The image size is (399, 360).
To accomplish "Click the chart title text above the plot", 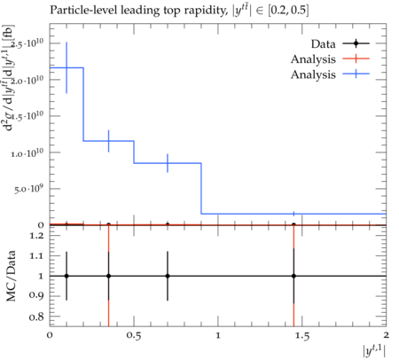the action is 179,11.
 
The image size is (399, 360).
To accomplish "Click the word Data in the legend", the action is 323,44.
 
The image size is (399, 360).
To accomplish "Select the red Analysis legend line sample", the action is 356,59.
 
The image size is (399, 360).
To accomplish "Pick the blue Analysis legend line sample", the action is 356,74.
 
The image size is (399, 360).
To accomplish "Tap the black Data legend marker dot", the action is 356,43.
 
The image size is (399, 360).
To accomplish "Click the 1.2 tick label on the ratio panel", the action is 36,236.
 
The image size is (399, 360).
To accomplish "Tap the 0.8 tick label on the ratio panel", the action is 36,317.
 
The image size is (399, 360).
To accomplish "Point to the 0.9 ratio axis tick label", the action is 36,295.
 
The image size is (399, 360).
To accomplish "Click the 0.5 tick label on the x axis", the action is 134,336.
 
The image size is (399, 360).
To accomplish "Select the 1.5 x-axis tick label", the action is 302,336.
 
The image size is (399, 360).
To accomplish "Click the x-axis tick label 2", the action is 386,335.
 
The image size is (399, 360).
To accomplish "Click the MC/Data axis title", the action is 12,276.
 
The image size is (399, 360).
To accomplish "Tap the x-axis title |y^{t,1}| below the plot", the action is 374,351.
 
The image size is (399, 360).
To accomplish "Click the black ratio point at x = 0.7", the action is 168,276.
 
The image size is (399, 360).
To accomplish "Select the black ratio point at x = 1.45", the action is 293,276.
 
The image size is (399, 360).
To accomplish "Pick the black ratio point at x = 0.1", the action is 66,276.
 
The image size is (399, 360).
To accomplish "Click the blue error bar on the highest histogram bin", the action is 66,67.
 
